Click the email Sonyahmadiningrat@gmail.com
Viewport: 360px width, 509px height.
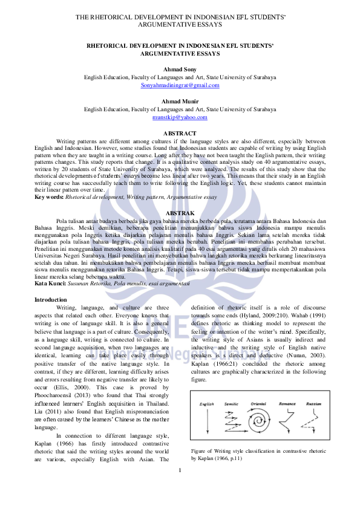point(180,86)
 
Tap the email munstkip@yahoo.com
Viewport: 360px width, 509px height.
point(180,117)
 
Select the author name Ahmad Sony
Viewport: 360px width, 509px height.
point(180,70)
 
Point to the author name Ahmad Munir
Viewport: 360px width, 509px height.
point(180,101)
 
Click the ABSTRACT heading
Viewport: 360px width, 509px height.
point(180,133)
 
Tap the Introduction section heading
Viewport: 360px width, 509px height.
point(51,300)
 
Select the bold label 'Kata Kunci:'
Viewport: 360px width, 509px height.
point(50,284)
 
